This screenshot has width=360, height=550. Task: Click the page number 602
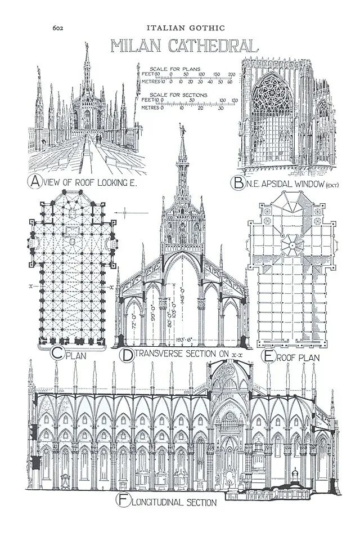pyautogui.click(x=58, y=26)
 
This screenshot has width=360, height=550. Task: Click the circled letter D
pyautogui.click(x=127, y=355)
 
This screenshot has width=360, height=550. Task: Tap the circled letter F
pyautogui.click(x=122, y=499)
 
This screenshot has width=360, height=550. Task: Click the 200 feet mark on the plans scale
pyautogui.click(x=231, y=74)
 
